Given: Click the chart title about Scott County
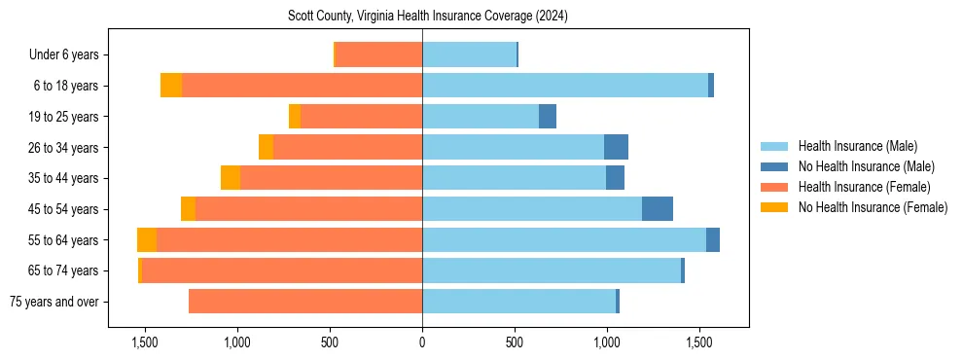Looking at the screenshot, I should click(428, 17).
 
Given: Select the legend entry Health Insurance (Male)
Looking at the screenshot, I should click(857, 146).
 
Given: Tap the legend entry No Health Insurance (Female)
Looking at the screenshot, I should click(873, 207).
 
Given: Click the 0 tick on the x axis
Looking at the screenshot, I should click(422, 342).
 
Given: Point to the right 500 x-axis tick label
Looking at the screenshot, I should click(515, 342).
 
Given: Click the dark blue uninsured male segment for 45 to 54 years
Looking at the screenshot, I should click(658, 209).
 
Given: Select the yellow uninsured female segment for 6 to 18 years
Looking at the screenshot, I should click(171, 86).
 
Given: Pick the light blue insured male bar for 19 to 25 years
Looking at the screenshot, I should click(481, 117).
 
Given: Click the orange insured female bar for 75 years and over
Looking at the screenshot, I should click(305, 302).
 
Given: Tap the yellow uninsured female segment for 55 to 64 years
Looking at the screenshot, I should click(147, 240).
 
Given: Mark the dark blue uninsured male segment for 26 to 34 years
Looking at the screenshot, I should click(616, 147).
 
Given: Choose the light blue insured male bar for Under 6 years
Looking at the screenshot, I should click(469, 55).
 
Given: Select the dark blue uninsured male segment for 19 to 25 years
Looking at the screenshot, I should click(548, 117).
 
